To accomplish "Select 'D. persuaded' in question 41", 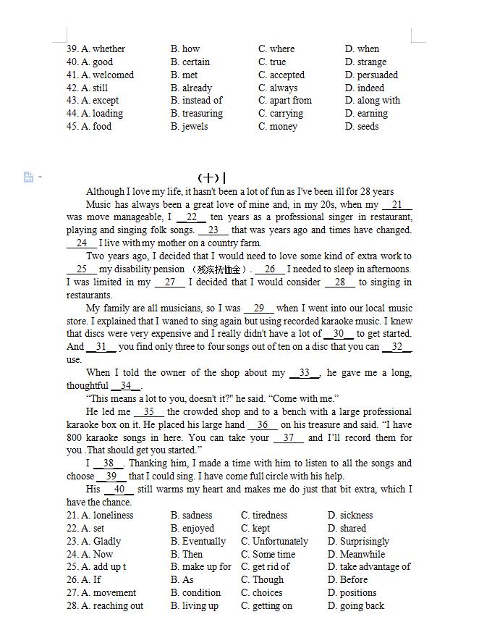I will [371, 75].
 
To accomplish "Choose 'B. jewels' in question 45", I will [189, 127].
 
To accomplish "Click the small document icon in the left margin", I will [28, 177].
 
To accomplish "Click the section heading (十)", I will [208, 178].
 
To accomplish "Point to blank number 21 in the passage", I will [397, 205].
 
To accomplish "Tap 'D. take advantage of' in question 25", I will [369, 567].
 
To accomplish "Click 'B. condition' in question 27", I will [195, 593].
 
